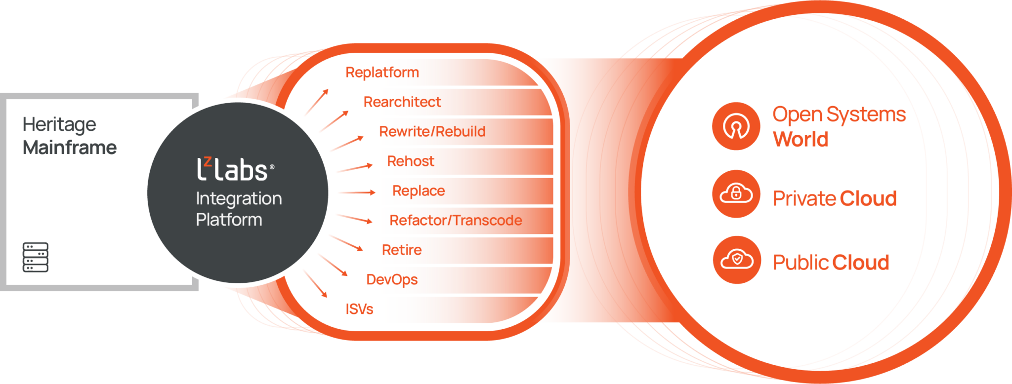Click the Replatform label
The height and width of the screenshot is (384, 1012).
click(x=382, y=73)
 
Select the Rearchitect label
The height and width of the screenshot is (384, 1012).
click(x=402, y=102)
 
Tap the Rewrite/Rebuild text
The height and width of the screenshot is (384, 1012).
click(x=432, y=132)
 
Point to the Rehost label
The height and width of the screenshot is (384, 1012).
click(x=411, y=161)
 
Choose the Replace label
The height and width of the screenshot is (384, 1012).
click(x=418, y=191)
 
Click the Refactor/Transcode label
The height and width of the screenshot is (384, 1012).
click(x=455, y=221)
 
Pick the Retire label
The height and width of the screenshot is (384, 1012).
click(x=402, y=250)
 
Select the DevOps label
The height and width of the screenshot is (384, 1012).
click(x=392, y=280)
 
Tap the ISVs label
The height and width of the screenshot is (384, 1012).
click(x=359, y=309)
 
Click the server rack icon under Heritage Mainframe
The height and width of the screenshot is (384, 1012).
click(x=36, y=257)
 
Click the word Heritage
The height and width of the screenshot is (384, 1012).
click(x=59, y=125)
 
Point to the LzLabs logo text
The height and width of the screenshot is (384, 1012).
click(x=235, y=170)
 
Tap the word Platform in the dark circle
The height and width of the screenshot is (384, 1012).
click(x=229, y=220)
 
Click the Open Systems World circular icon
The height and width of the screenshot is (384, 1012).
click(x=736, y=126)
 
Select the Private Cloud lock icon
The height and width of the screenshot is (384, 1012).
click(x=736, y=194)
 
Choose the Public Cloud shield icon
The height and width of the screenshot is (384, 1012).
click(x=736, y=260)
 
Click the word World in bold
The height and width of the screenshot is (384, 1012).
click(x=801, y=140)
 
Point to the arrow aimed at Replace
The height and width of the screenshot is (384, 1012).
click(x=357, y=192)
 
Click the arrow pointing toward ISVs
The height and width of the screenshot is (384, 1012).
click(x=315, y=284)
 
